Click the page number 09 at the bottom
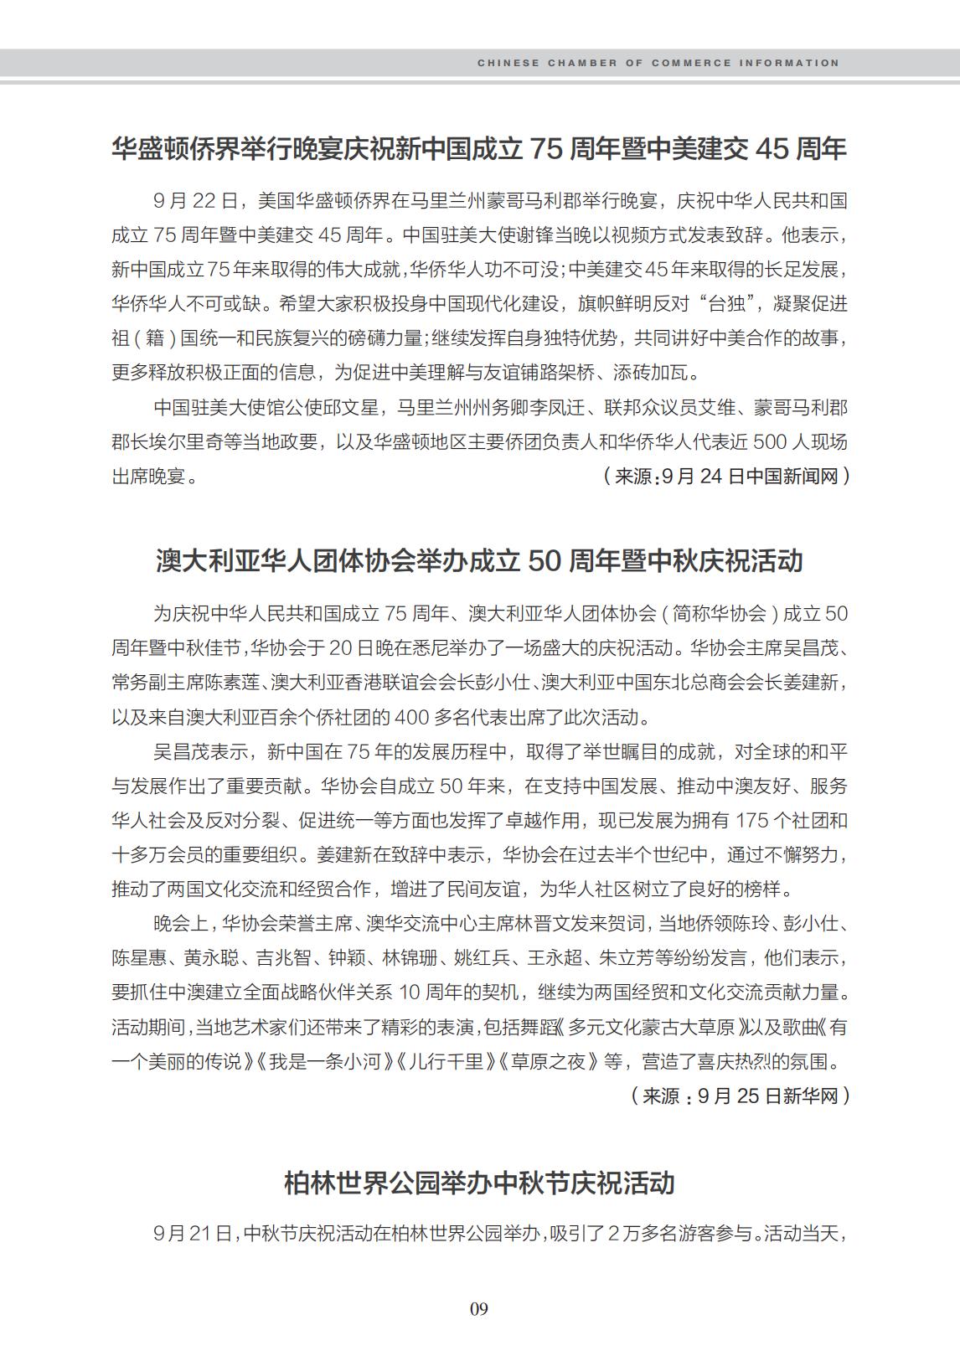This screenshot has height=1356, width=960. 478,1308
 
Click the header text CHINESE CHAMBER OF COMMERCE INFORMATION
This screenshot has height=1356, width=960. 658,63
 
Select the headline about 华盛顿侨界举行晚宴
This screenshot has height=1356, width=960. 478,148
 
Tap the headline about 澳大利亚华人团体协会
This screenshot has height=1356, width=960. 478,560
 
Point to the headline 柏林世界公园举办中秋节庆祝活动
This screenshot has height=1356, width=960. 478,1183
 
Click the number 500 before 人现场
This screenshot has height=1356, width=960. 770,441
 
